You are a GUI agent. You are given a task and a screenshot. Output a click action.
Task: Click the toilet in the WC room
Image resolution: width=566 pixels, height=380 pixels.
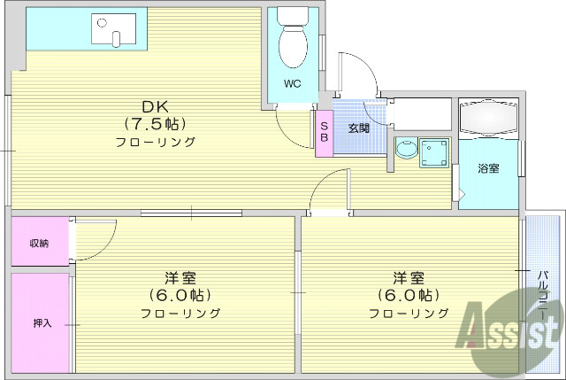tap(293, 41)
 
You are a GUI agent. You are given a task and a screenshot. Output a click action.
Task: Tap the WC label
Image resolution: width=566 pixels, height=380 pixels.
tap(293, 85)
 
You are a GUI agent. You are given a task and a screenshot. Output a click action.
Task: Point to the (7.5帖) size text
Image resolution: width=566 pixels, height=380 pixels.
tap(154, 124)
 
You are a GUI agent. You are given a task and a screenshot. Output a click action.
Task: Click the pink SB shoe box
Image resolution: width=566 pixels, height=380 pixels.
tap(324, 132)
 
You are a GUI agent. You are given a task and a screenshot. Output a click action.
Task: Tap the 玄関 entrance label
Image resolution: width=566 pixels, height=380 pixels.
tap(358, 128)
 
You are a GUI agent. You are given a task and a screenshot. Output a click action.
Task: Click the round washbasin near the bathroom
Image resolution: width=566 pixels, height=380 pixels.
tap(406, 150)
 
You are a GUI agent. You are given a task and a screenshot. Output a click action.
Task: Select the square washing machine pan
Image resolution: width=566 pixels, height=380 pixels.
tap(434, 153)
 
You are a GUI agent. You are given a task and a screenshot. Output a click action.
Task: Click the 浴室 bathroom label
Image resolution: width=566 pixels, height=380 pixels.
tap(488, 168)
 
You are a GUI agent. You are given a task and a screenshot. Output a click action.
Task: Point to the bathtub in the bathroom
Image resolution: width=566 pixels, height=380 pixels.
tap(488, 117)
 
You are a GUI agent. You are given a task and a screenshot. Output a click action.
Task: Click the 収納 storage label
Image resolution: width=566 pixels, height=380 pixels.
tap(39, 243)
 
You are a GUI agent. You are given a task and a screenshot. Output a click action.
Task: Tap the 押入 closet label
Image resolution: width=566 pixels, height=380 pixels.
tap(42, 322)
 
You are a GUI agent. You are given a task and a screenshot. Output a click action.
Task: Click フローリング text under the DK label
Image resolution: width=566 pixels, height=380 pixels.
tap(154, 142)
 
